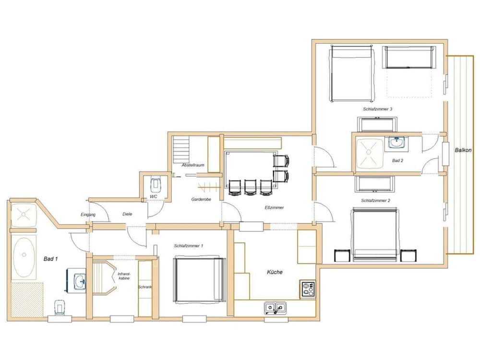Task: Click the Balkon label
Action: click(x=463, y=150)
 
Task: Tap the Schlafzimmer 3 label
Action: click(x=378, y=109)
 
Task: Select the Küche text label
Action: click(x=275, y=272)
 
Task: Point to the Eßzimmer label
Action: click(x=274, y=207)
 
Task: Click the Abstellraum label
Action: click(x=193, y=165)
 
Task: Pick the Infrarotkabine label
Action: click(x=124, y=276)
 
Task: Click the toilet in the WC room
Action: click(x=156, y=184)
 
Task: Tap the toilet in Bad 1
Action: click(x=60, y=307)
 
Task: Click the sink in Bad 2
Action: click(x=396, y=143)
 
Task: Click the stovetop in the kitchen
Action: click(x=308, y=288)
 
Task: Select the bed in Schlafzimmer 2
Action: click(x=375, y=235)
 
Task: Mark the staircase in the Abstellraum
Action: click(x=181, y=149)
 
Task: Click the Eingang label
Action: click(x=88, y=215)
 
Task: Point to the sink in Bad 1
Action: click(x=80, y=280)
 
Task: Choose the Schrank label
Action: click(x=145, y=287)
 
